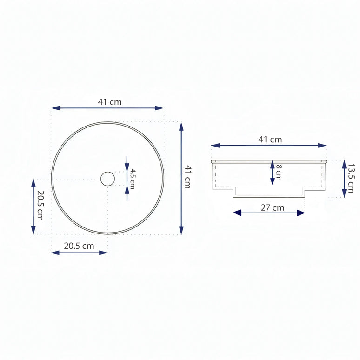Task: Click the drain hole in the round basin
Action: pyautogui.click(x=107, y=179)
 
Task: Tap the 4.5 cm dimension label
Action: pyautogui.click(x=133, y=178)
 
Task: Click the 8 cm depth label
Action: pyautogui.click(x=278, y=172)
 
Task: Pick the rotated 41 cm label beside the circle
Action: pyautogui.click(x=187, y=177)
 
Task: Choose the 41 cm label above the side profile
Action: pyautogui.click(x=270, y=139)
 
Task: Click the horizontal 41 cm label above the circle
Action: pyautogui.click(x=110, y=102)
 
